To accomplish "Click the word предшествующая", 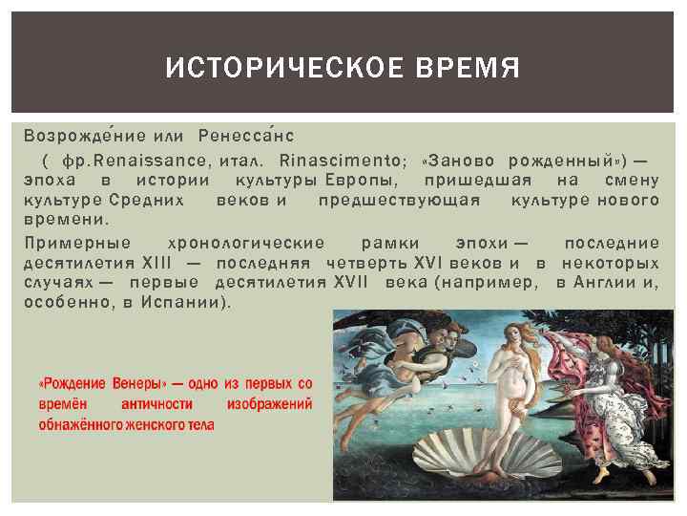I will [x=401, y=200].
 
